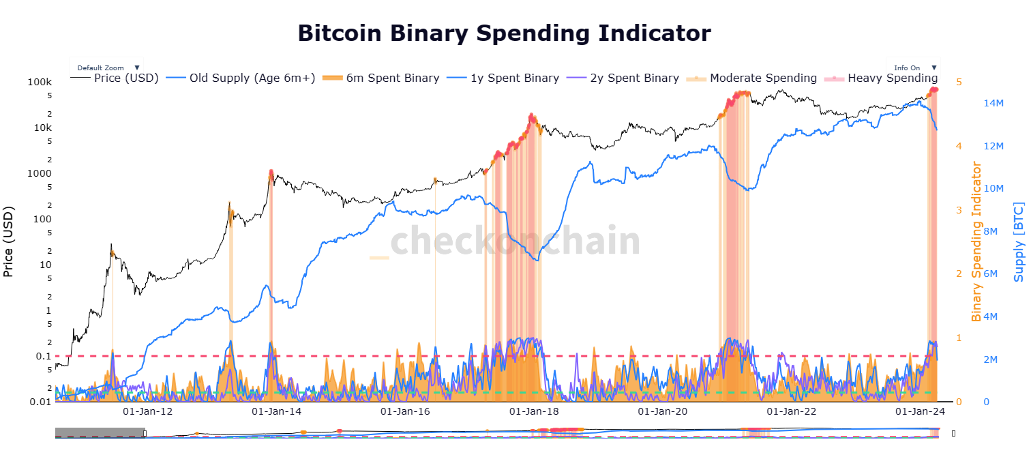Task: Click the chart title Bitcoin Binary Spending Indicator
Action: tap(504, 32)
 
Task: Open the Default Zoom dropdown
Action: tap(106, 68)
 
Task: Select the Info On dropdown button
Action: tap(912, 68)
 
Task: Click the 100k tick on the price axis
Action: tap(40, 83)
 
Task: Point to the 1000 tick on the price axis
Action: tap(40, 173)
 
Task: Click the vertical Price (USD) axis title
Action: tap(9, 242)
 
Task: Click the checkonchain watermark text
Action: tap(505, 241)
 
